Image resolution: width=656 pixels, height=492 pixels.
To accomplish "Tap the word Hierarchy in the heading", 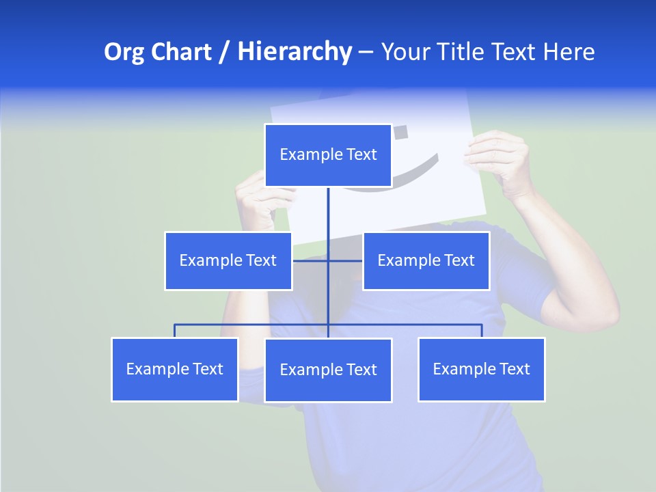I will [295, 52].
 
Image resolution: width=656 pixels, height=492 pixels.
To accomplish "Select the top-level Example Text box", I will [328, 155].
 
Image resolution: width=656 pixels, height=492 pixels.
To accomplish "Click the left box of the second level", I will [228, 260].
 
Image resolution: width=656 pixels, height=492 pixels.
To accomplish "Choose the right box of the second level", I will [426, 260].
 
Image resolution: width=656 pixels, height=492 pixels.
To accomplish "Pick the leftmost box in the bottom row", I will [175, 369].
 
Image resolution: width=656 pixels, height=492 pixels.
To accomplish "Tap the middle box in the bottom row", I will [328, 370].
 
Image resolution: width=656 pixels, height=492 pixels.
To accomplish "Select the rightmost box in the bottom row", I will [481, 369].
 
